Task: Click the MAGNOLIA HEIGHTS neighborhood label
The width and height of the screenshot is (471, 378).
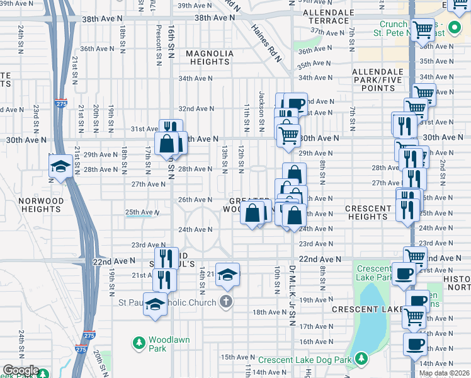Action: click(x=208, y=58)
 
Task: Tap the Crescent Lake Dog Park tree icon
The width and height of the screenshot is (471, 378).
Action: click(x=361, y=358)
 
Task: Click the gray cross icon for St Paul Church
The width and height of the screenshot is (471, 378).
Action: click(x=225, y=301)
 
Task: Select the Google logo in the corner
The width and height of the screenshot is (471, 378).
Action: click(x=20, y=371)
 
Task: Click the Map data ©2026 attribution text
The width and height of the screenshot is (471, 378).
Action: click(x=445, y=373)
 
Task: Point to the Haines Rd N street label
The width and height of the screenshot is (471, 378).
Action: click(x=268, y=43)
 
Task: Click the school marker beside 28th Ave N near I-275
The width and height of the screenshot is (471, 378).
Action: click(x=60, y=166)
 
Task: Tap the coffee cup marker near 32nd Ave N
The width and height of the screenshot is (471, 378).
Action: click(x=295, y=103)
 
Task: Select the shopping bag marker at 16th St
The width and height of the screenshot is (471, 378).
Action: click(x=167, y=143)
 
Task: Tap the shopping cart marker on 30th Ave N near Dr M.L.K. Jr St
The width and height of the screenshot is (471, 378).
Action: click(x=288, y=134)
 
